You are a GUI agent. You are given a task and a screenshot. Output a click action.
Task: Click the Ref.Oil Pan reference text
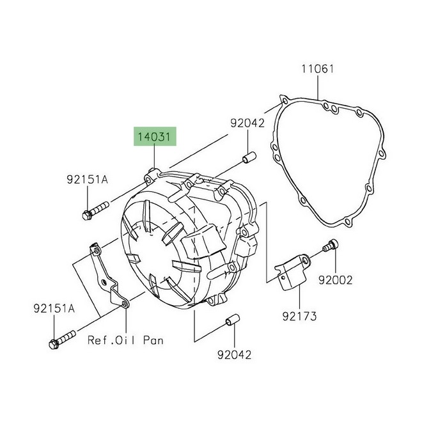click(125, 340)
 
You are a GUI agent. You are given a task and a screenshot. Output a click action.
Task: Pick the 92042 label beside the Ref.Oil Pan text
click(233, 353)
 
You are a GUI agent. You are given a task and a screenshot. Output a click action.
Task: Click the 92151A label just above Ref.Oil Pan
click(54, 309)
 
